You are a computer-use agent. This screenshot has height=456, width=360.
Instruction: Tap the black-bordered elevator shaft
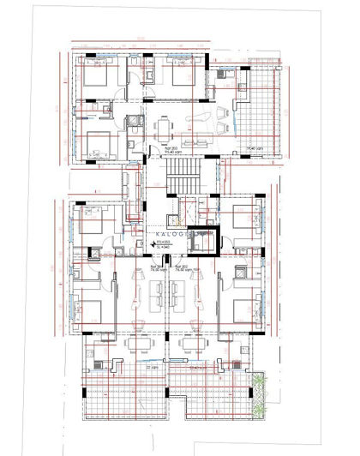tap(202, 243)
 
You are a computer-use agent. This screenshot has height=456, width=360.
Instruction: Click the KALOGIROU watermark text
tap(179, 232)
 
